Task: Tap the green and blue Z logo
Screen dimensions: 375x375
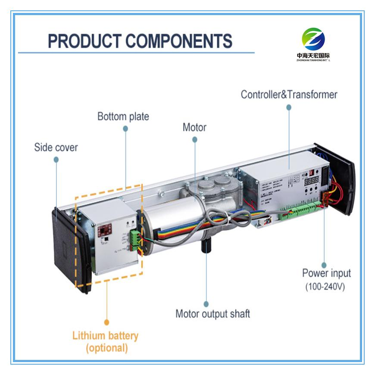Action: tap(313, 39)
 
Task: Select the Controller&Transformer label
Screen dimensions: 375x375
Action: tap(289, 94)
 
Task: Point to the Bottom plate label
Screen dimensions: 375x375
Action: tap(123, 117)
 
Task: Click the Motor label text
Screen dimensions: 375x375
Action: tap(194, 128)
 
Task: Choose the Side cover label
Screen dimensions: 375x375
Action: tap(56, 147)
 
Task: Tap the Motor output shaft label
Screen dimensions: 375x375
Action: tap(212, 313)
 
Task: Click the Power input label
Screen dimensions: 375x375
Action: tap(326, 273)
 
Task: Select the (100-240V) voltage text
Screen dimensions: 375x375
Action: tap(325, 286)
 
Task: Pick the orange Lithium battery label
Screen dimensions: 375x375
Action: tap(105, 336)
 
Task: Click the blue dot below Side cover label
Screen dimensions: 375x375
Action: tap(56, 159)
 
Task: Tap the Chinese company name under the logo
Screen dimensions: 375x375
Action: tap(313, 56)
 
